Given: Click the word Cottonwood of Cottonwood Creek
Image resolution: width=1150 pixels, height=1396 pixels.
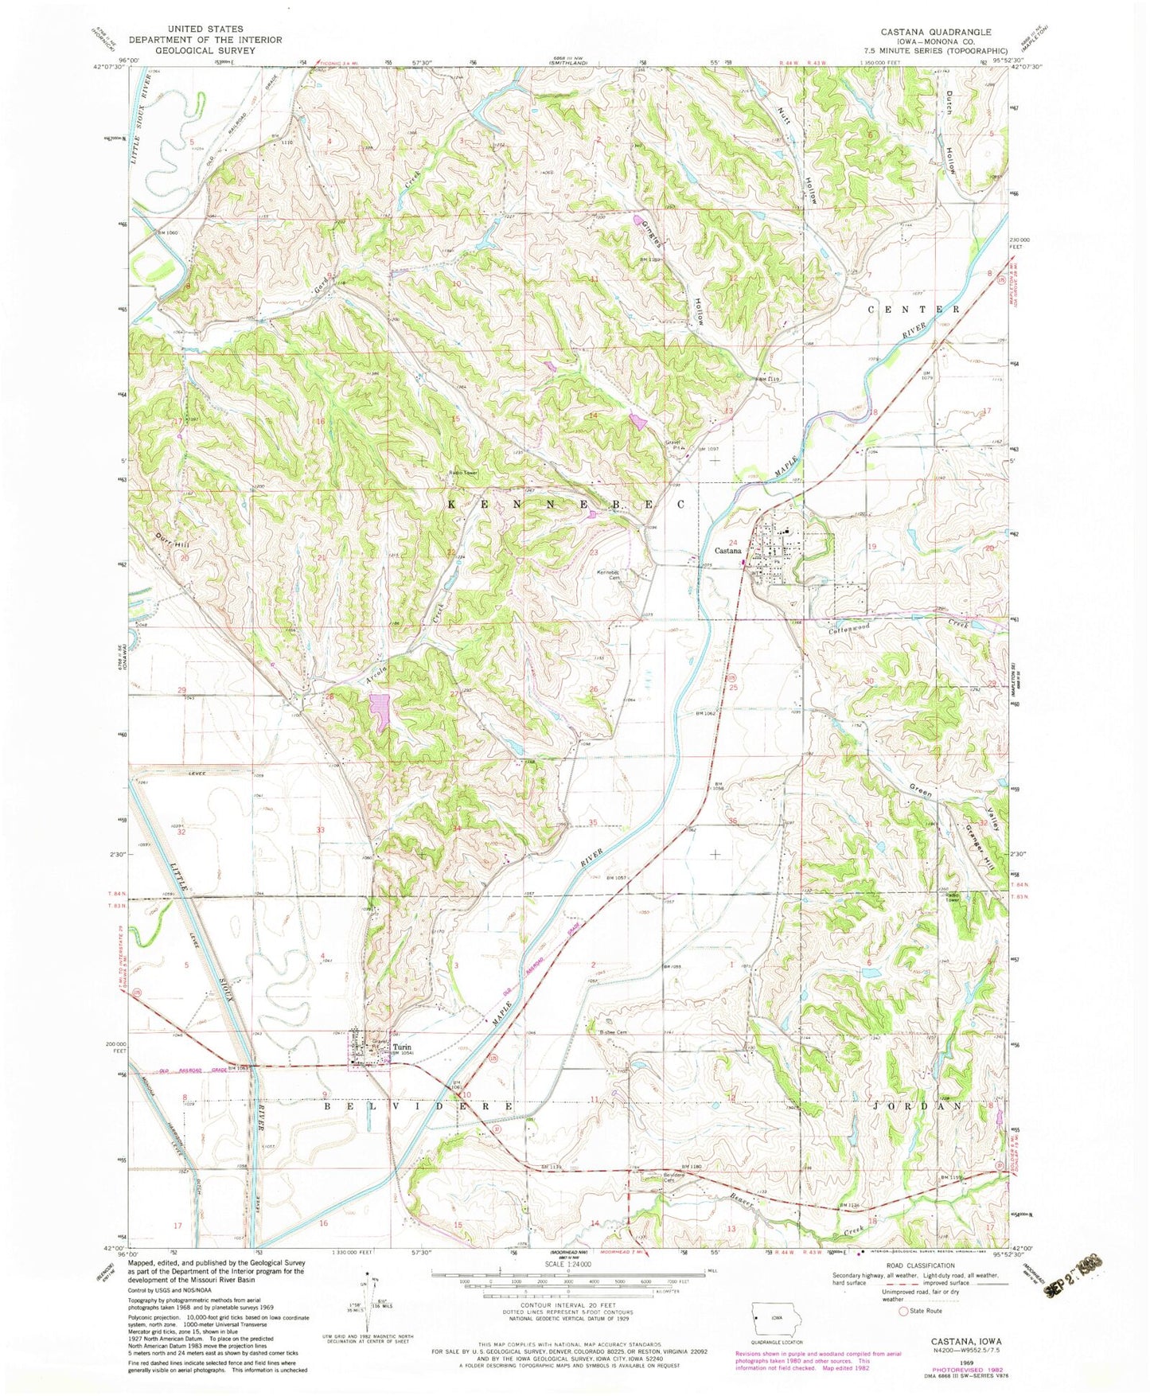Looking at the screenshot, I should [846, 626].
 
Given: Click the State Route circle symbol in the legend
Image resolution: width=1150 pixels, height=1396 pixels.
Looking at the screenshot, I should [903, 1310].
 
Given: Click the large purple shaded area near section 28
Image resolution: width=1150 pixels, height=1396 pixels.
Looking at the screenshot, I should [380, 711].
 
